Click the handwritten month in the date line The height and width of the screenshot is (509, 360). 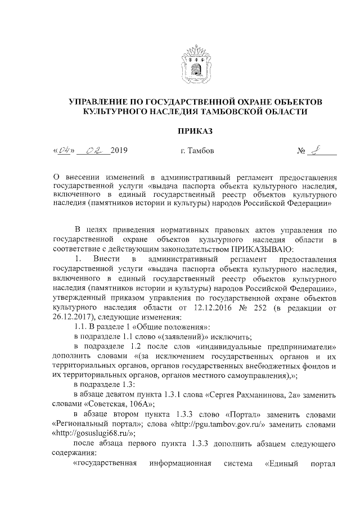(x=89, y=150)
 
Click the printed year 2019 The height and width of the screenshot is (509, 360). (x=119, y=151)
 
